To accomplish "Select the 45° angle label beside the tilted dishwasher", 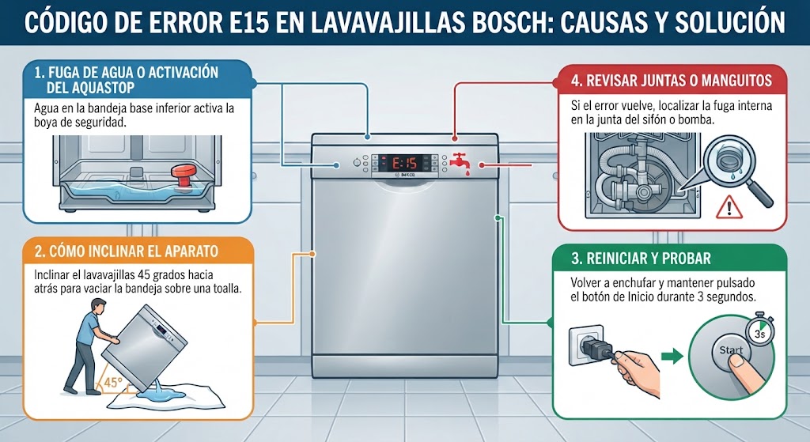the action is click(x=112, y=383).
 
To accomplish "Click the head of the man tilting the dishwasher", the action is click(x=97, y=307).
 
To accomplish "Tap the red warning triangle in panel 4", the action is click(x=729, y=206).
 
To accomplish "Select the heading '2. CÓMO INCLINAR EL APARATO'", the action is click(x=127, y=251).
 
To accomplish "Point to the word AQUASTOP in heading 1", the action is click(x=90, y=88).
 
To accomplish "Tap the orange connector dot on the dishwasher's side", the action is click(x=312, y=254).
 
